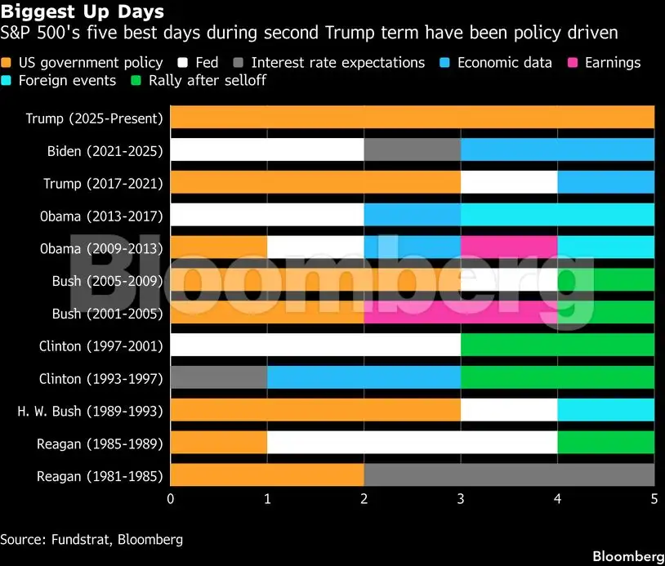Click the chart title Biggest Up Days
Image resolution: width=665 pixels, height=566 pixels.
[83, 12]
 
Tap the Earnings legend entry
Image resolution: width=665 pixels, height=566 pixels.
[605, 63]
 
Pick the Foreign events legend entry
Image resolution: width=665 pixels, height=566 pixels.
[64, 80]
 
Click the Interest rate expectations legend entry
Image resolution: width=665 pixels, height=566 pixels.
[330, 63]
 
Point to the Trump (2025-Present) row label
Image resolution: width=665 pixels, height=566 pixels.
[94, 118]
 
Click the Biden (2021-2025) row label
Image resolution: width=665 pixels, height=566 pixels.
[105, 150]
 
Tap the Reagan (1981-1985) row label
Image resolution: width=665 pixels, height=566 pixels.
[100, 476]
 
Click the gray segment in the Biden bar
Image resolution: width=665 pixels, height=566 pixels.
[413, 149]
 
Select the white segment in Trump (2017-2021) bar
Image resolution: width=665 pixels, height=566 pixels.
[509, 182]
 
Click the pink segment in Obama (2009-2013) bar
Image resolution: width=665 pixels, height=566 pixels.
[509, 247]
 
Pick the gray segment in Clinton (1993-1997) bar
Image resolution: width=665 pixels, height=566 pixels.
[219, 378]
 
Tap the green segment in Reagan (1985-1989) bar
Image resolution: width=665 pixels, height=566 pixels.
[606, 443]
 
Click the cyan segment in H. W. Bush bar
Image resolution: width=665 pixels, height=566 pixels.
[606, 411]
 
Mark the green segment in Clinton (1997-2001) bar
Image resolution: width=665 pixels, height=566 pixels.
[558, 345]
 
